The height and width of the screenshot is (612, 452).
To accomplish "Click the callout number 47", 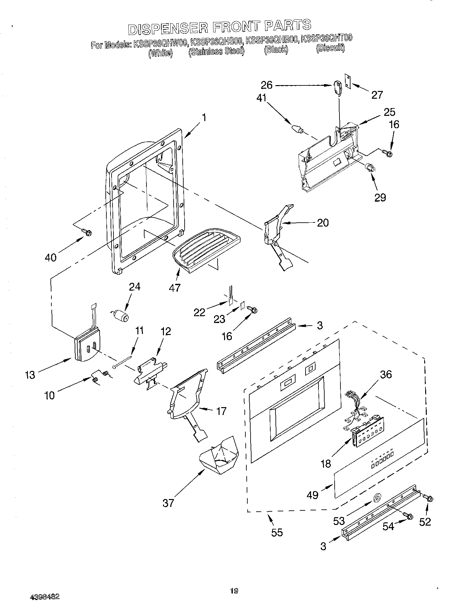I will point(175,287).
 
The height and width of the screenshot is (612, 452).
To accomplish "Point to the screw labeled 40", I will point(87,232).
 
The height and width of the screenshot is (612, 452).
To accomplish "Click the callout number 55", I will point(277,532).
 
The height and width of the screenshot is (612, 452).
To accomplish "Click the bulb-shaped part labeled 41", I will point(297,129).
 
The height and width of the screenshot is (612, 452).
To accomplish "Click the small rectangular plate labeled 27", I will point(347,80).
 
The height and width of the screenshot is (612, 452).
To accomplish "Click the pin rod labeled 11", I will point(123,362).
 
